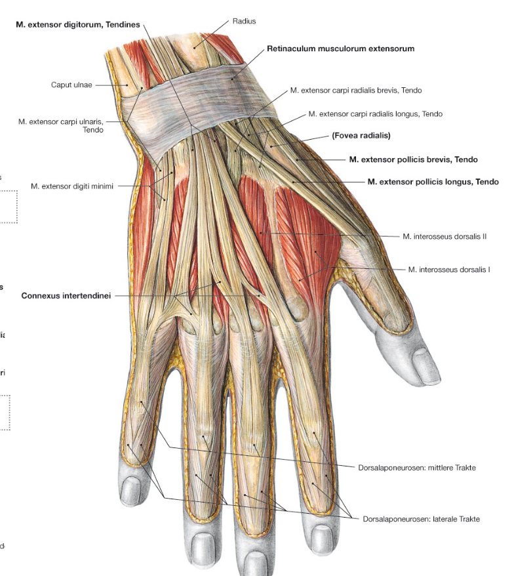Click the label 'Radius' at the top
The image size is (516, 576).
[x=244, y=21]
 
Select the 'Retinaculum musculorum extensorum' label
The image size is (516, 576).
[x=340, y=49]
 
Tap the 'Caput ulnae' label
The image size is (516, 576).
[x=71, y=85]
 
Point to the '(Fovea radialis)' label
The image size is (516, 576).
[x=361, y=136]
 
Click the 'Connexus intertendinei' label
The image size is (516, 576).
[x=66, y=296]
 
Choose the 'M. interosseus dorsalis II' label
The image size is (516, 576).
[x=445, y=237]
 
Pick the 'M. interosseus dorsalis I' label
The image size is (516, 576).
[x=448, y=270]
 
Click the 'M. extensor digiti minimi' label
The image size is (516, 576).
[x=72, y=186]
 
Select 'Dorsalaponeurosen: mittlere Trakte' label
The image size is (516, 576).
[x=417, y=468]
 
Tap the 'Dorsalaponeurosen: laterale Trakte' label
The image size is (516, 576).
[x=421, y=519]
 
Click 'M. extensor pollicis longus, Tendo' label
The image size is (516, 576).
[x=433, y=182]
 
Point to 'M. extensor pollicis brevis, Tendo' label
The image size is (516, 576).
[x=413, y=159]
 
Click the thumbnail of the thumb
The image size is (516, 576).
[x=426, y=367]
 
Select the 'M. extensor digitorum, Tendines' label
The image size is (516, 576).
[x=78, y=25]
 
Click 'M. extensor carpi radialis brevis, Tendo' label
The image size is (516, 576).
[x=356, y=91]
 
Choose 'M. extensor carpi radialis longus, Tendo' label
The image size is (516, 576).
[x=375, y=114]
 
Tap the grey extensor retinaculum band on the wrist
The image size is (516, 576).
[x=198, y=106]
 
